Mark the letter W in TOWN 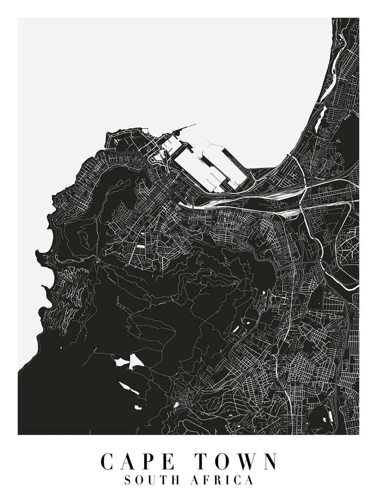pos(246,462)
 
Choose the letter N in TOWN pos(269,462)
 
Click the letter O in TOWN pos(223,462)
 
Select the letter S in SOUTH pos(128,481)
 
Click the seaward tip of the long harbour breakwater pos(196,124)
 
